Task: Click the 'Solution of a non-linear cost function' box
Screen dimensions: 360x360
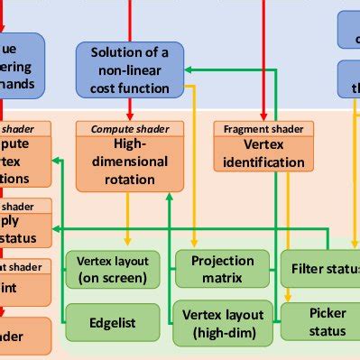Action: [129, 69]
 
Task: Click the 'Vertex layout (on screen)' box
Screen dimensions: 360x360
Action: [112, 269]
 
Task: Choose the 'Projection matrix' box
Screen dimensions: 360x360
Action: [221, 269]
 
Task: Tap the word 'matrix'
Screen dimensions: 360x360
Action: [221, 278]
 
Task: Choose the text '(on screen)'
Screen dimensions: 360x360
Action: [112, 277]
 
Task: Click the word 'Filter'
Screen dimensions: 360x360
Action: [308, 269]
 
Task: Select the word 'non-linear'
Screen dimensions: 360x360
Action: [129, 70]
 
